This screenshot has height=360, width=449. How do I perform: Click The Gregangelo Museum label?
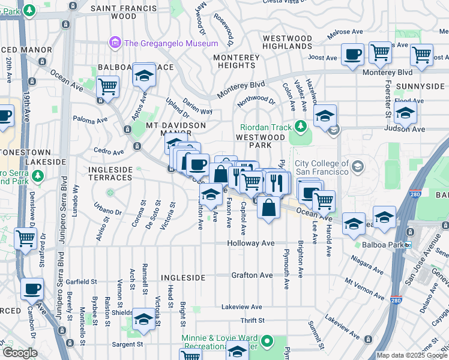coord(170,43)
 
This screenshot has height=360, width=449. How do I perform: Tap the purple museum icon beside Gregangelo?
coord(114,43)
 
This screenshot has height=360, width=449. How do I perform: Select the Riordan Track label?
coord(265,127)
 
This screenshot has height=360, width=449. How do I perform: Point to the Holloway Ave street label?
coord(250,244)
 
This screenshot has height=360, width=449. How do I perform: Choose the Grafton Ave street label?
coord(252,275)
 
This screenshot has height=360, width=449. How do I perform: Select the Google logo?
coord(20,353)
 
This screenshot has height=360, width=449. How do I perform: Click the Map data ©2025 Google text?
coord(412,355)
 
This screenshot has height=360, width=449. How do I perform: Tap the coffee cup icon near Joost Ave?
coord(352,54)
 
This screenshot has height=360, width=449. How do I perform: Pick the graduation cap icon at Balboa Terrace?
coord(144,74)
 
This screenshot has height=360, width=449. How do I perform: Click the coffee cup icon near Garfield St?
coord(32,289)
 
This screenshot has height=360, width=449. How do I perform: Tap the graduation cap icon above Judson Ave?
coord(325,115)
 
